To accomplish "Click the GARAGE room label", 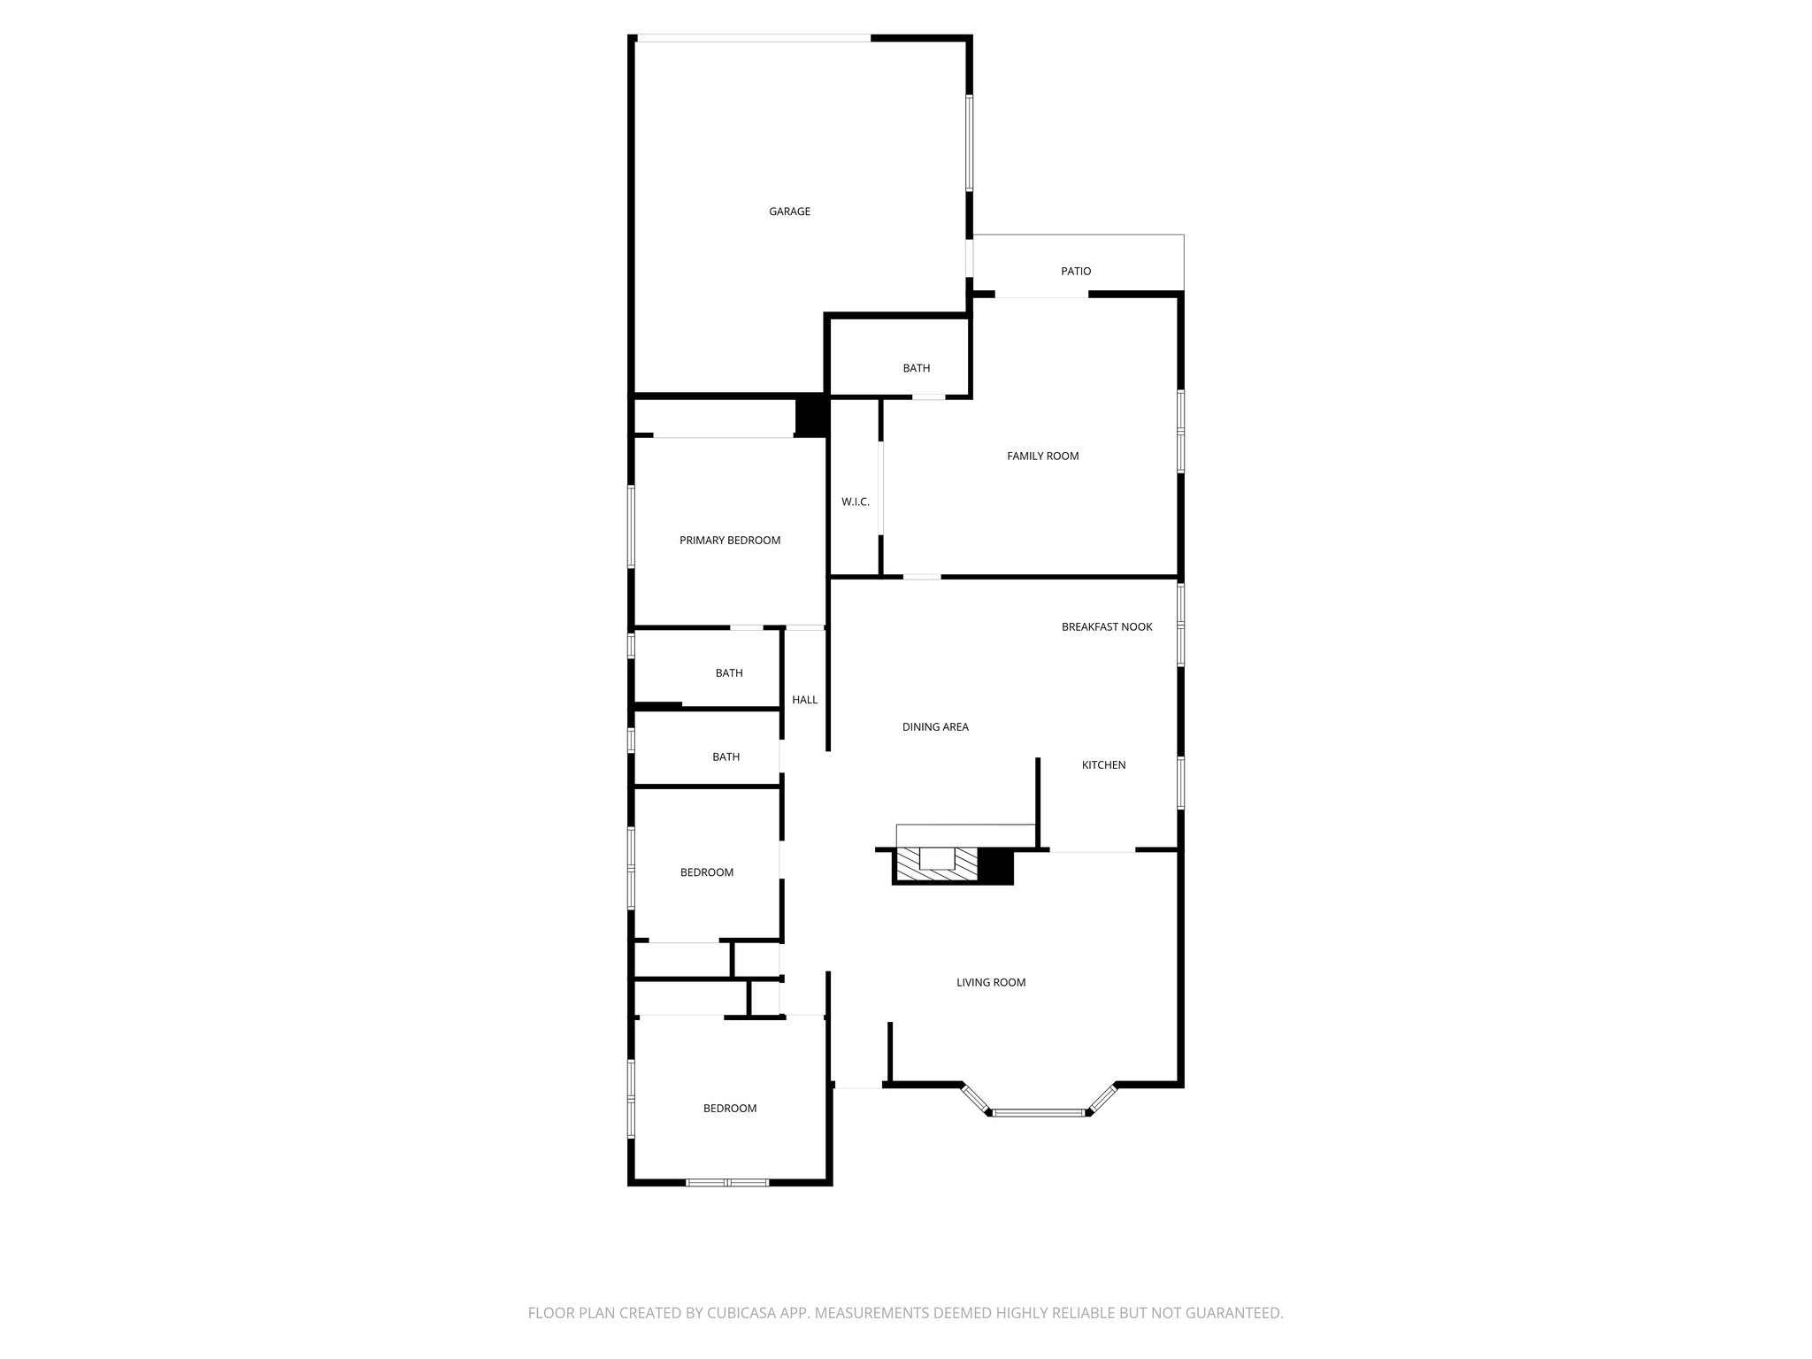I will [789, 211].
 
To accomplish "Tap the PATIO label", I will [1076, 272].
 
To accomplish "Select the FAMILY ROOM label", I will [1042, 457].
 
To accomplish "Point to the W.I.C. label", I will [855, 503].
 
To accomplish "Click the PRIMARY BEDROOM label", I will [730, 541].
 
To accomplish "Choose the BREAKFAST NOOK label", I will [1107, 627].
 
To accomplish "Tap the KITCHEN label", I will [1103, 765].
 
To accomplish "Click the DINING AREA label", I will [935, 727].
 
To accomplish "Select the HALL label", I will [804, 700].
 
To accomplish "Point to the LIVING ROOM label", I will [991, 982].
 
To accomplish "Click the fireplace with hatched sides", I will [936, 864].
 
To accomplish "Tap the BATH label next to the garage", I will [916, 369].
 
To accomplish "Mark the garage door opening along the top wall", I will [753, 38].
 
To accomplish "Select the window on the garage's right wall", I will [970, 142].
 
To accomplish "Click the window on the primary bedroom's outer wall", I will [631, 526].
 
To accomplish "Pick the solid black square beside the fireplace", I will [995, 865].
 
